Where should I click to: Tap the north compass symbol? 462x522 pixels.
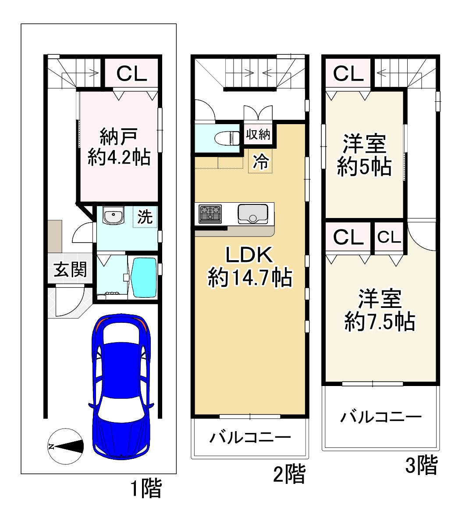pos(65,447)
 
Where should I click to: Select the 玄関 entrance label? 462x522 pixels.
pos(70,269)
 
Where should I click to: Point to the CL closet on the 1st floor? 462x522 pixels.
pos(131,73)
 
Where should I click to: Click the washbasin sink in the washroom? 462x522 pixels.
pos(114,217)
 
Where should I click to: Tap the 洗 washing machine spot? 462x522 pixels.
pos(145,217)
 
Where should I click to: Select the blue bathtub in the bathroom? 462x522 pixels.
pos(144,278)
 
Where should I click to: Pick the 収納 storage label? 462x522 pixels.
pos(259,134)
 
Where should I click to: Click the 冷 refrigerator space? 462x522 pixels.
pos(260,162)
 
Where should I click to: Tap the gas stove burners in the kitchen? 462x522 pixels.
pos(210,214)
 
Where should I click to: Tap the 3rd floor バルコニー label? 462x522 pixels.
pos(381,416)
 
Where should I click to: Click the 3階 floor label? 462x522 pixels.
pos(421,466)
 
